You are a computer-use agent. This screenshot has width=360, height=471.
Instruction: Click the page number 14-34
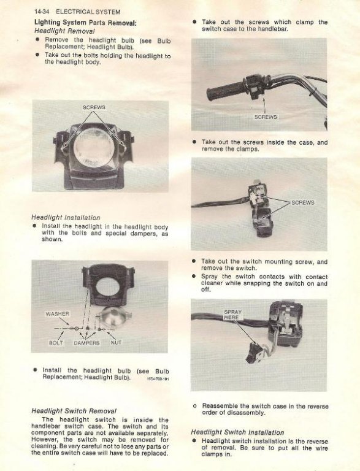[x=42, y=12]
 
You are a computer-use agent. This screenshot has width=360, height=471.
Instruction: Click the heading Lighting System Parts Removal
[x=85, y=23]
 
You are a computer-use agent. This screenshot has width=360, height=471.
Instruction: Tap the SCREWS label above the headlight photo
[x=94, y=107]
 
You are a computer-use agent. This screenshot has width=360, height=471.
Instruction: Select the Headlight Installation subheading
[x=66, y=218]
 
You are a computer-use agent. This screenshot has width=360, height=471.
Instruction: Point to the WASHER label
[x=58, y=314]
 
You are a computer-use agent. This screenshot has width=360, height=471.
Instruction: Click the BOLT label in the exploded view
[x=56, y=342]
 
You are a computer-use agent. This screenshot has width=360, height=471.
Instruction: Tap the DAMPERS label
[x=86, y=343]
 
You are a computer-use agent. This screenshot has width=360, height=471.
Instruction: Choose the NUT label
[x=116, y=342]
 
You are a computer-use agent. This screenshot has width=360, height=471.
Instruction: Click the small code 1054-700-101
[x=158, y=379]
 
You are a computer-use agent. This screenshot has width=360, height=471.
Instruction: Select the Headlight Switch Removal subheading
[x=74, y=411]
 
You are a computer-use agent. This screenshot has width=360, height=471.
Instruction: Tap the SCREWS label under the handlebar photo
[x=266, y=117]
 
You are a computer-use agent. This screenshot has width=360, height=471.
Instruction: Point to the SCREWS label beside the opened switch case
[x=303, y=202]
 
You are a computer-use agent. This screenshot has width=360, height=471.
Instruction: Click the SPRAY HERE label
[x=232, y=315]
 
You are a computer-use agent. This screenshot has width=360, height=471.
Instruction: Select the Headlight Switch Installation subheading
[x=237, y=432]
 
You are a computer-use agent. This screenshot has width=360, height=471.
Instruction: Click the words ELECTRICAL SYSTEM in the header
[x=88, y=12]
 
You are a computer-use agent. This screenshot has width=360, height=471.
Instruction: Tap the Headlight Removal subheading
[x=64, y=31]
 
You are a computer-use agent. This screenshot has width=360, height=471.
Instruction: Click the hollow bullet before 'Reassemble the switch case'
[x=194, y=407]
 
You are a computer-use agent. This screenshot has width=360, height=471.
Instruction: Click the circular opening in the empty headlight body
[x=108, y=286]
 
